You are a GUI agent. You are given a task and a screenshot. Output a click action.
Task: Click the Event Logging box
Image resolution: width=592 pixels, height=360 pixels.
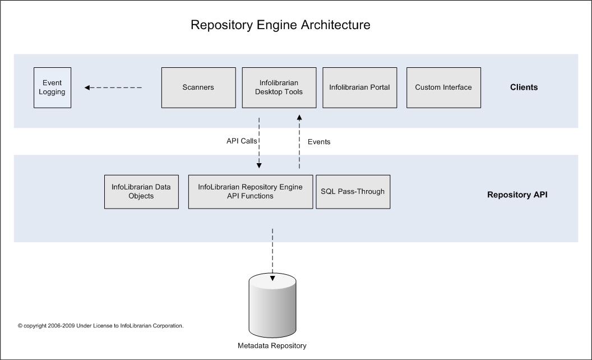[x=53, y=87]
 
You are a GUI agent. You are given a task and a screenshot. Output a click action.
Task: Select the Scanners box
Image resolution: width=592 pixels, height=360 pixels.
[x=198, y=87]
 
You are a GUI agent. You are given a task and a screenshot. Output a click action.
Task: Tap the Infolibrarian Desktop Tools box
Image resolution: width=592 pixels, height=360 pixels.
[x=279, y=87]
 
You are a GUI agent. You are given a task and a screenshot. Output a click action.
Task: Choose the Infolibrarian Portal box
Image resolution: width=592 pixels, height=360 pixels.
[x=359, y=87]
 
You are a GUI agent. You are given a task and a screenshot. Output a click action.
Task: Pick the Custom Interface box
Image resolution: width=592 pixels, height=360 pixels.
[x=443, y=87]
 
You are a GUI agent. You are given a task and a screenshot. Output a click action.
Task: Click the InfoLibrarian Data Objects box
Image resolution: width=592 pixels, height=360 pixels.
[x=141, y=192]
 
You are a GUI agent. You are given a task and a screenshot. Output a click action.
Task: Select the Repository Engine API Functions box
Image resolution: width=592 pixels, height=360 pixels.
[x=251, y=192]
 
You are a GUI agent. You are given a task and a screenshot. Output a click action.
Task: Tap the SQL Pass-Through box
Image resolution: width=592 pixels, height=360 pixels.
[x=353, y=192]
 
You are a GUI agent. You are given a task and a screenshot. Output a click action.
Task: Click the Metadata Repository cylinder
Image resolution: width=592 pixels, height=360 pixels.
[x=272, y=305]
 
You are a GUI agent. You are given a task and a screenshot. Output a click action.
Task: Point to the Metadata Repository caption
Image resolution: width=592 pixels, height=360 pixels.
[x=272, y=345]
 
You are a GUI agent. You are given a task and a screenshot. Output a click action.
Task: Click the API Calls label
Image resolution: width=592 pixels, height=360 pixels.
[x=242, y=141]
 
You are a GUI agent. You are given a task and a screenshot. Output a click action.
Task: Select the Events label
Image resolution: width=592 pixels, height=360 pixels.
[x=319, y=142]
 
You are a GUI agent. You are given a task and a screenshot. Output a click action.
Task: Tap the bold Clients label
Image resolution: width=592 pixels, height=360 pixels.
[x=524, y=87]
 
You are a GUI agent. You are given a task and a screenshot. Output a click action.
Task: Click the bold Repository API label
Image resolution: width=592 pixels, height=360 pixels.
[x=517, y=195]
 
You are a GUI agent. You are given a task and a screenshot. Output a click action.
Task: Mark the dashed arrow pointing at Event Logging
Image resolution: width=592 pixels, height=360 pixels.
[x=113, y=87]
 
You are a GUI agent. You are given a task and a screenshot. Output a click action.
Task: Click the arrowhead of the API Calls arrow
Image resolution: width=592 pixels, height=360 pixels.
[x=259, y=165]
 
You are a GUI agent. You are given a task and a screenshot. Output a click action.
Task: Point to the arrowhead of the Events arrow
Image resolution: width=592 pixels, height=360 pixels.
[x=299, y=118]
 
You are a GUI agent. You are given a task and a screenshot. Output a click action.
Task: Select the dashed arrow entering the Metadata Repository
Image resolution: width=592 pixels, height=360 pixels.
[x=272, y=255]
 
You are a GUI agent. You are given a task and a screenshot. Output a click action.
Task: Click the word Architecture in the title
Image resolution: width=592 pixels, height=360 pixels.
[x=336, y=25]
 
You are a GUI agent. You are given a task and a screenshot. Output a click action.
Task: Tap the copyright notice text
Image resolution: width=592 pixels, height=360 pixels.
[x=101, y=326]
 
